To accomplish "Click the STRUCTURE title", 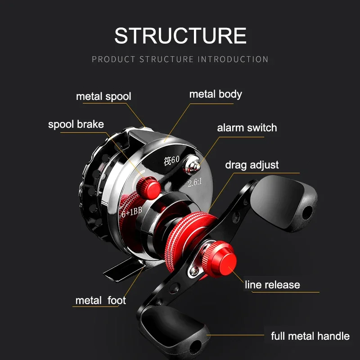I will (x=180, y=36).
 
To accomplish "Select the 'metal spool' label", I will (x=103, y=96).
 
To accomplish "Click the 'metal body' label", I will (x=216, y=94).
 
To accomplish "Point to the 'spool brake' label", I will (x=76, y=124).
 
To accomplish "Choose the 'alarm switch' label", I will (x=247, y=127).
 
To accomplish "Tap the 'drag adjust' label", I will (x=252, y=165).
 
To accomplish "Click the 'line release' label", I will (x=272, y=284).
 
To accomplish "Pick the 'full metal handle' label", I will (x=310, y=336).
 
